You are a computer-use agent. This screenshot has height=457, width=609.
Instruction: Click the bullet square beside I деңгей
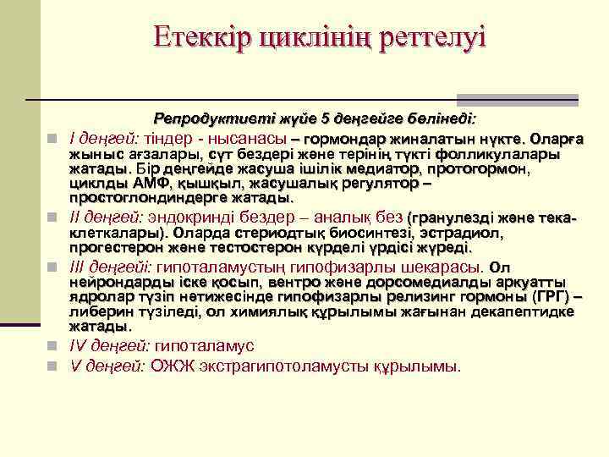[x=52, y=139]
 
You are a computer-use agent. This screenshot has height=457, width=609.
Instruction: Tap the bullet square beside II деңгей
[x=52, y=216]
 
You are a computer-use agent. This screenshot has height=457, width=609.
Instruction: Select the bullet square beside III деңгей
[x=52, y=267]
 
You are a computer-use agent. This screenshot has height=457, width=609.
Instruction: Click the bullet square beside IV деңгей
[x=52, y=346]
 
